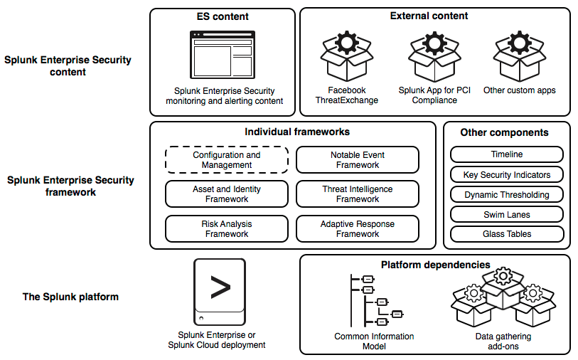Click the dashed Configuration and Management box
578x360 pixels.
227,159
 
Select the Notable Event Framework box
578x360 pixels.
358,159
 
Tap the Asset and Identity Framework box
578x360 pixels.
227,194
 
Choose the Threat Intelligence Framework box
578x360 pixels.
358,194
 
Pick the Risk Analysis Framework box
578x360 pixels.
227,228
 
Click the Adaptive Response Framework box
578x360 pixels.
358,228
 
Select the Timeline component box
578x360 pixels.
507,154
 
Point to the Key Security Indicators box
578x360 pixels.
507,174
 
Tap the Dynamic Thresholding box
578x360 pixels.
507,194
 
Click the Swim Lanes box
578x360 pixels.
507,214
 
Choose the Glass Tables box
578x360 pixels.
507,234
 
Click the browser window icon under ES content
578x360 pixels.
223,55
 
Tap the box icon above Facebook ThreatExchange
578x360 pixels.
347,56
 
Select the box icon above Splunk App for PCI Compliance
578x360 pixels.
434,56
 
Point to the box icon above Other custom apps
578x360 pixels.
520,56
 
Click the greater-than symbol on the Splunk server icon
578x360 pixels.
220,287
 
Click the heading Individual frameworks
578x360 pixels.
297,132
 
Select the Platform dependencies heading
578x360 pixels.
435,265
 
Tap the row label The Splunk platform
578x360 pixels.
70,297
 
